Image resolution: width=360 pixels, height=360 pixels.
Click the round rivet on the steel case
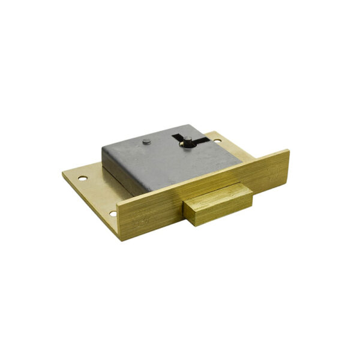pos(147,142)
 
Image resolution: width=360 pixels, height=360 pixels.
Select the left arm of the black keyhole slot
pos(178,140)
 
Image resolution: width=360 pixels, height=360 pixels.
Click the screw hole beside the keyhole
pos(217,142)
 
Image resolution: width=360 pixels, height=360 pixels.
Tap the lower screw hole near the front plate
pos(112,213)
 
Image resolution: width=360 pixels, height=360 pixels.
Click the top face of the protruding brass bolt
pos(216,196)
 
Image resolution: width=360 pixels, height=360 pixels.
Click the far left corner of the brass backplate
pos(62,174)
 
